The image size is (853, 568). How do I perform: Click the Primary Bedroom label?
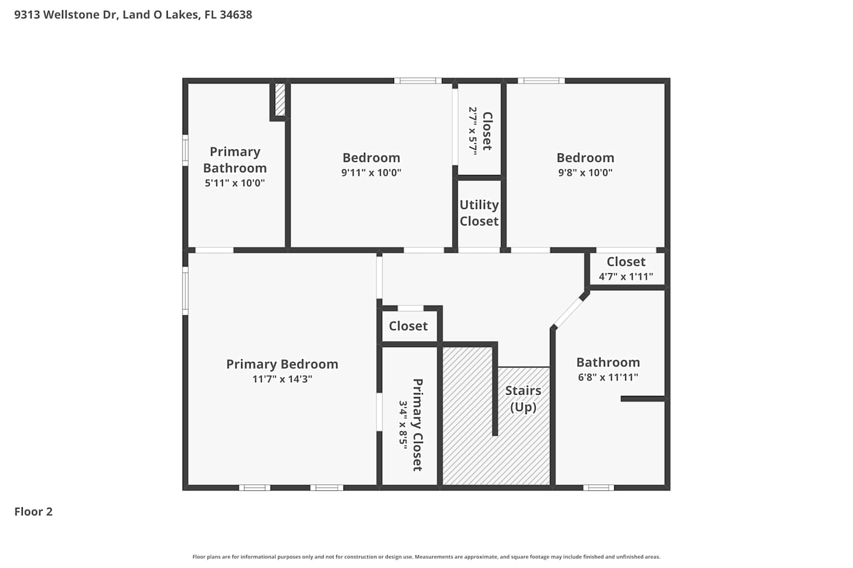point(282,364)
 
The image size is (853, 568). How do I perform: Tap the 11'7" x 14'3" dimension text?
point(282,379)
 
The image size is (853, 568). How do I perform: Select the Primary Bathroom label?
point(235,160)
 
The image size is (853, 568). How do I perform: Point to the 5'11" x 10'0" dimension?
point(234,183)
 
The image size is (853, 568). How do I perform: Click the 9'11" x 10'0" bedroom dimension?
point(371,173)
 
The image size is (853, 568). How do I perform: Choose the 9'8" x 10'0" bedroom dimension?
point(585,173)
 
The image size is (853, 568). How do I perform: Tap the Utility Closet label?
point(479,213)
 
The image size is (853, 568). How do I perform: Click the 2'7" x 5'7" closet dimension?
point(473,131)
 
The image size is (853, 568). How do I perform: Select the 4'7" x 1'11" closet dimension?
point(626,277)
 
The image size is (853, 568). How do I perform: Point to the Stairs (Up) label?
point(523,399)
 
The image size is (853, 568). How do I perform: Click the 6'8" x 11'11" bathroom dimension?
point(608,377)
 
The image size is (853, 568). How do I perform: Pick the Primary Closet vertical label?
point(418,424)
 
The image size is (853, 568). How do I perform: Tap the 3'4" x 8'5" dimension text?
point(403,424)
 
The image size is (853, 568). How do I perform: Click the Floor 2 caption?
point(34,512)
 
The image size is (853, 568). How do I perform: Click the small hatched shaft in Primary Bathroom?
point(280,99)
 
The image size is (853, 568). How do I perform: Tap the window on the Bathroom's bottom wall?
point(599,488)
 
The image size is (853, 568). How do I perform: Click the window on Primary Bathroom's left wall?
point(185,151)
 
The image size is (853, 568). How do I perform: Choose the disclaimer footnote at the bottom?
point(426,557)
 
